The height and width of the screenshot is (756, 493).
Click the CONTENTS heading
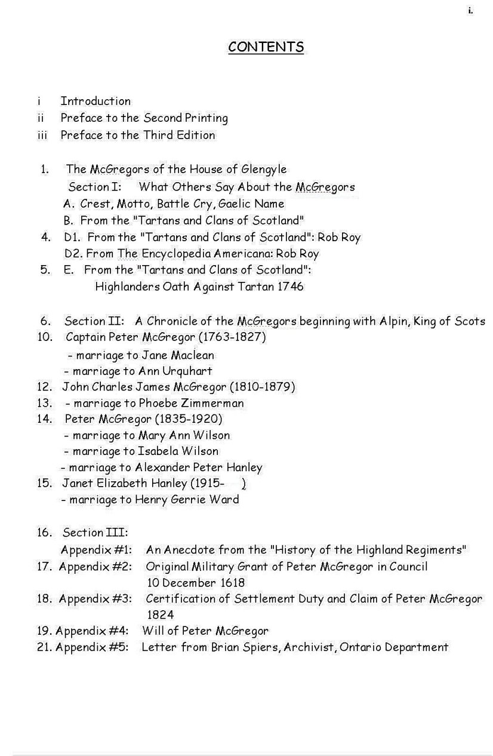pos(266,47)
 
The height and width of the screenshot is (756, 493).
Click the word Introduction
pos(95,101)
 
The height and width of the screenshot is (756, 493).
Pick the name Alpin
pos(395,321)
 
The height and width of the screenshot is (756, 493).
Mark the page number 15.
pos(44,483)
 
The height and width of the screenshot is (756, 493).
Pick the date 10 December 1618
pos(195,582)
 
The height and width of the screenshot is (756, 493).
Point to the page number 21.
pos(44,647)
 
